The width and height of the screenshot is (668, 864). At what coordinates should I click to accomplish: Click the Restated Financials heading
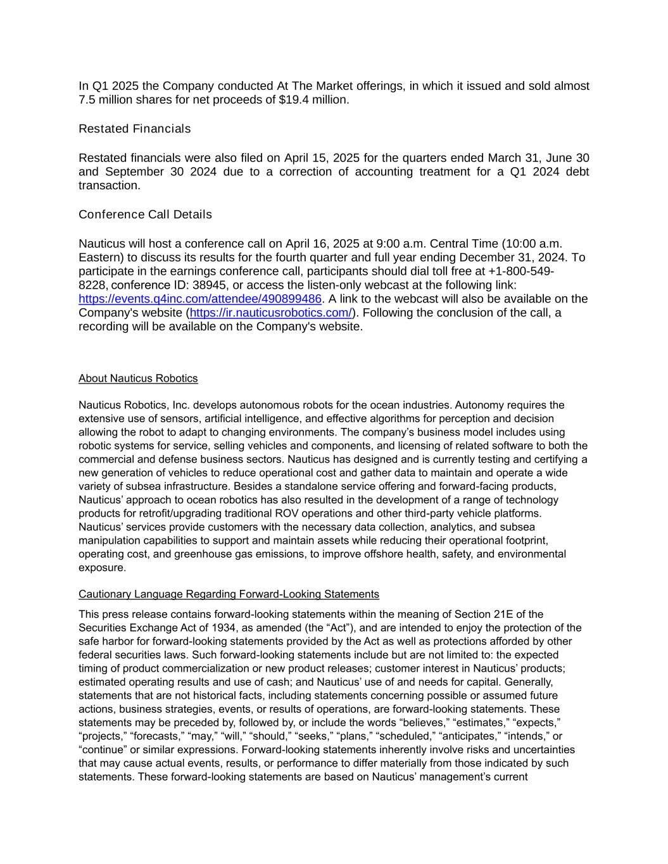[x=134, y=129]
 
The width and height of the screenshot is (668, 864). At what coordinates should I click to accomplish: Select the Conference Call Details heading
[x=145, y=215]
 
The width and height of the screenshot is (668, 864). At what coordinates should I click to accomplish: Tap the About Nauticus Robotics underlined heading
[x=138, y=379]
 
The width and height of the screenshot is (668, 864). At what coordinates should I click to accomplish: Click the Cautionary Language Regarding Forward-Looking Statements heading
[x=229, y=594]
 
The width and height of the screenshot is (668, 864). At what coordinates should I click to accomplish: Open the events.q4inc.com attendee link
[x=200, y=299]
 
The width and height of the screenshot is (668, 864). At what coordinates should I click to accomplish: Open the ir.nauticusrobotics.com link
[x=271, y=313]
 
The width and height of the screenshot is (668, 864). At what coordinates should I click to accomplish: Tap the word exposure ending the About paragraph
[x=102, y=568]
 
